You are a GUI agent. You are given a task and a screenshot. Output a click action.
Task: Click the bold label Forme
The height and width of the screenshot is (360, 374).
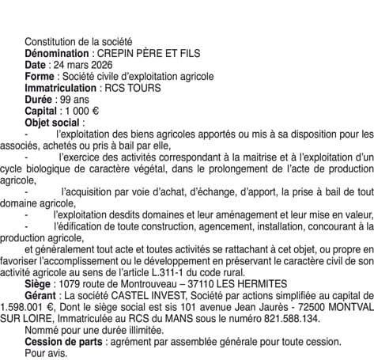(x=40, y=76)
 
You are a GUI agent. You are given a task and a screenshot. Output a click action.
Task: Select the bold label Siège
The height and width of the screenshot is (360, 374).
(x=40, y=283)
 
